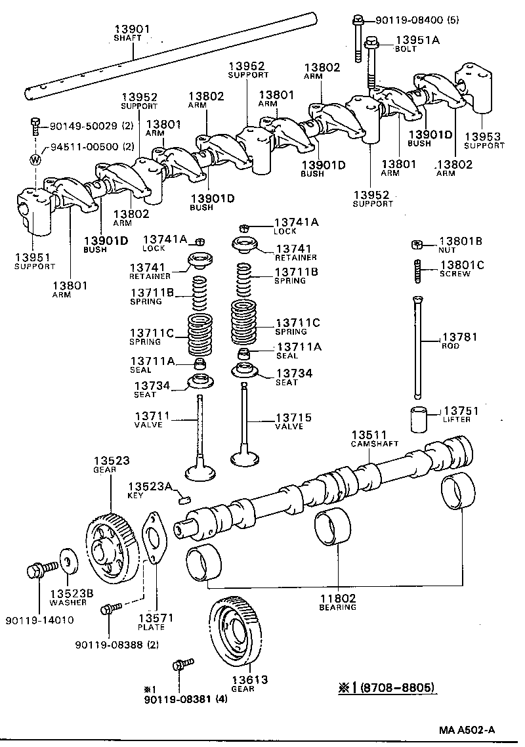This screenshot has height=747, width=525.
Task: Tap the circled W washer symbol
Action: (36, 160)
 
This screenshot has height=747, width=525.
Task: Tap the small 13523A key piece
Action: (184, 500)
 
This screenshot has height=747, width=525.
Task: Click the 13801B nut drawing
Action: (416, 245)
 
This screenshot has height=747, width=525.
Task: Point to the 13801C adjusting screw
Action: (415, 270)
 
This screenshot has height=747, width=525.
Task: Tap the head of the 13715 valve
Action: (245, 456)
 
